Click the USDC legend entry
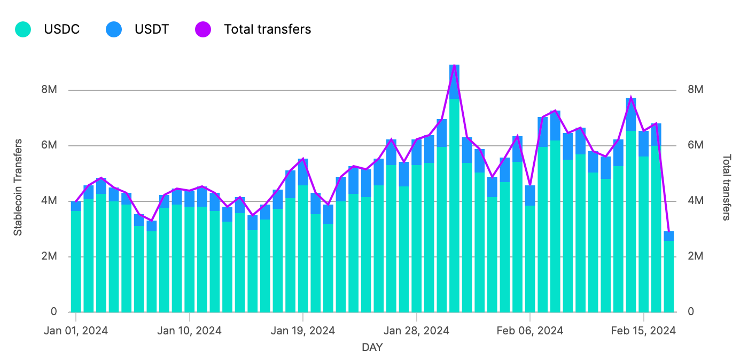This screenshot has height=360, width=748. click(x=61, y=29)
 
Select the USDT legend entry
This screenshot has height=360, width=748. click(x=152, y=29)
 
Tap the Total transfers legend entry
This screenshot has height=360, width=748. click(x=267, y=29)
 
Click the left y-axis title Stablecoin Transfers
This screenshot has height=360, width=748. click(x=18, y=187)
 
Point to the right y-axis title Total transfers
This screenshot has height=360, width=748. click(x=727, y=187)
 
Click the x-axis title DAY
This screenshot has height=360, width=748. click(x=372, y=348)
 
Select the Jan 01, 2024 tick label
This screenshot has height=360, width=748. click(x=76, y=331)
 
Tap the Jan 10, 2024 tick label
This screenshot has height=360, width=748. click(x=189, y=331)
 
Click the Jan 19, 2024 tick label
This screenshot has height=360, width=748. click(x=303, y=331)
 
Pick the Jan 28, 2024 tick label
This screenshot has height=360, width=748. click(x=417, y=331)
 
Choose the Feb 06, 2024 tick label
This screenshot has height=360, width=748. click(x=530, y=331)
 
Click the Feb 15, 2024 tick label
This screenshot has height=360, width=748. click(x=644, y=331)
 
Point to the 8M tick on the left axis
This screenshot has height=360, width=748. click(x=49, y=90)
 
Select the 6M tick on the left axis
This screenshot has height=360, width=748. click(x=49, y=145)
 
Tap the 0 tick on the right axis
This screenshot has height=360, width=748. click(x=691, y=311)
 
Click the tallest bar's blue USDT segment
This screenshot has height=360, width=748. click(x=454, y=82)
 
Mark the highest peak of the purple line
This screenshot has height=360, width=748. click(x=454, y=65)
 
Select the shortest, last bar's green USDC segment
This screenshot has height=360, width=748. click(x=668, y=276)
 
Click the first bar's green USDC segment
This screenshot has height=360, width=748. click(x=76, y=262)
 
